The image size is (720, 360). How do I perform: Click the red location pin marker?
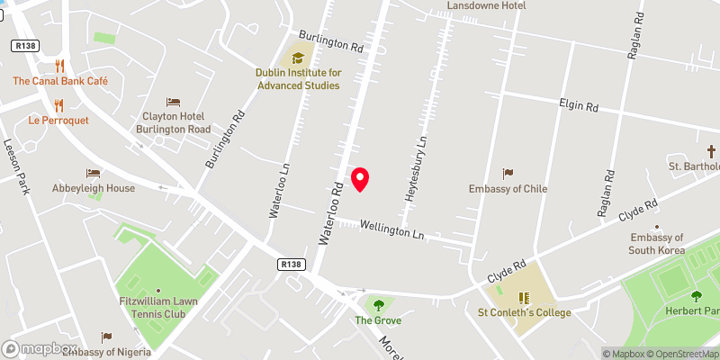pos(361,179)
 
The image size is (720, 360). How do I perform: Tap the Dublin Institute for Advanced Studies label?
pos(296,79)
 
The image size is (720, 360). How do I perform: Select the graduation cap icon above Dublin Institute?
pos(296,58)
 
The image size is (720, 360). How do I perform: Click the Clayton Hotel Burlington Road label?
pos(174,122)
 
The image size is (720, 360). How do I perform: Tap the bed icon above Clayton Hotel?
pos(174,103)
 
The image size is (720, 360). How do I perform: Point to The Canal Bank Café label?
pos(60,81)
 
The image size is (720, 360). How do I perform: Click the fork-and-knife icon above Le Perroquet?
pos(60,104)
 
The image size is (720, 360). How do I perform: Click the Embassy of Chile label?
pos(508,189)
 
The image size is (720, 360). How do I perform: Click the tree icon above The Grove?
pos(378,305)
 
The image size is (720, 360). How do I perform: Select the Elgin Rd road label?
pos(579,106)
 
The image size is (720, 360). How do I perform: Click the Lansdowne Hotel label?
pos(487,5)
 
